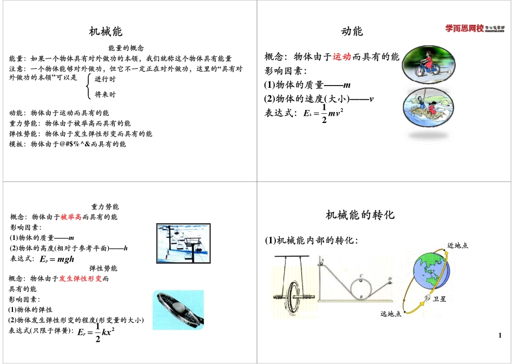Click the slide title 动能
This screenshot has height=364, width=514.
[352, 31]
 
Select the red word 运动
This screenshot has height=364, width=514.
[342, 57]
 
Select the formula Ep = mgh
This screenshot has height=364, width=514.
[57, 259]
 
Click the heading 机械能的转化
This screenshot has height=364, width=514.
[360, 215]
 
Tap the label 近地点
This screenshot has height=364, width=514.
[457, 245]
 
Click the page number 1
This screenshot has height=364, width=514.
[500, 336]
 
